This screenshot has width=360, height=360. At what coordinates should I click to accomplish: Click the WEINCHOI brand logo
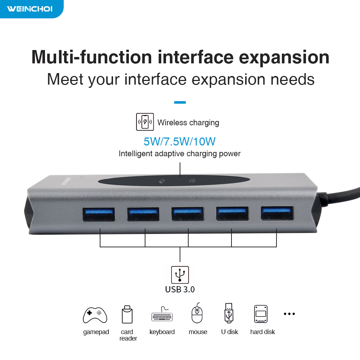(x=30, y=9)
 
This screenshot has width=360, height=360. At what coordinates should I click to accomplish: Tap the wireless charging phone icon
(x=145, y=122)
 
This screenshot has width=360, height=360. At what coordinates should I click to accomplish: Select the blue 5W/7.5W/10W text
(x=180, y=141)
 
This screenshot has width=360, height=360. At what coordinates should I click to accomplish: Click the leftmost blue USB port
(x=99, y=214)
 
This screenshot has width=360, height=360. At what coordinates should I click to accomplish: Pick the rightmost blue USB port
(x=277, y=213)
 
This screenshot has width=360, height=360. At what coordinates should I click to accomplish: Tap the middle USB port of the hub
(x=188, y=214)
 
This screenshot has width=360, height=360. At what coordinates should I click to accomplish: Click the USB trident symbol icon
(x=180, y=275)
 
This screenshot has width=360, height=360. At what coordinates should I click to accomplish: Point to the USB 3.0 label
(x=180, y=289)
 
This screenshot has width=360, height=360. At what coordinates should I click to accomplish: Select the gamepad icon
(x=95, y=315)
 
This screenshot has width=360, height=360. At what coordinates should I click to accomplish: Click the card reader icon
(x=127, y=314)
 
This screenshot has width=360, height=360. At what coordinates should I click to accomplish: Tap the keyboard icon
(x=162, y=314)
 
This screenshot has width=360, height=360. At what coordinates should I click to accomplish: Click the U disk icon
(x=229, y=313)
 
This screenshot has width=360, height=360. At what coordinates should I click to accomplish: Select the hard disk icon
(x=261, y=314)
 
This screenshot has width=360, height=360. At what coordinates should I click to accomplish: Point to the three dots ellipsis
(x=289, y=314)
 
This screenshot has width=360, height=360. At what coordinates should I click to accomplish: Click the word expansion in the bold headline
(x=284, y=57)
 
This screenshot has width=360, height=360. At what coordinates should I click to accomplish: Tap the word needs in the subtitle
(x=292, y=80)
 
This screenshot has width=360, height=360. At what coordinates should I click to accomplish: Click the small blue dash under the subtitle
(x=180, y=102)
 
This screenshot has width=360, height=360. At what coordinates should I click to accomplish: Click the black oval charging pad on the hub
(x=174, y=181)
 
